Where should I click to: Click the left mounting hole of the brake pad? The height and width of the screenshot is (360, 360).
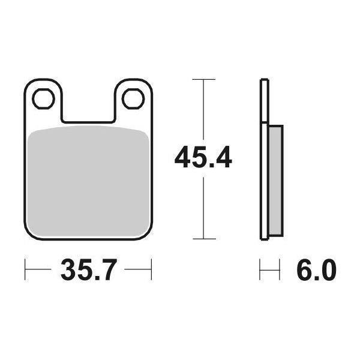pos(43,99)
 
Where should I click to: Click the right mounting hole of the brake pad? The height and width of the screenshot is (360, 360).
pos(131,99)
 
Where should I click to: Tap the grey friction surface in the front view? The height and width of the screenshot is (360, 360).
pos(88,180)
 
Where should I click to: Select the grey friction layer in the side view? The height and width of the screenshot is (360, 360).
pos(275,180)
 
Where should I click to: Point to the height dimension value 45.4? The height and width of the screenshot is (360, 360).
pos(203,158)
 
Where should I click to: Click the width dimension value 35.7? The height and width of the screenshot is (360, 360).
pos(88,271)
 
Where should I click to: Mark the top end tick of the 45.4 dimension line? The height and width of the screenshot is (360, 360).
pos(205,79)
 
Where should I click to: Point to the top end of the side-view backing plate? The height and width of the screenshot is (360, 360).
pos(263,80)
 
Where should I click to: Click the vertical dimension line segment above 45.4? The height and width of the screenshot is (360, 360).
pos(205,111)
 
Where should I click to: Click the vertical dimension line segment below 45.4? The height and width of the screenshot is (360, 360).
pos(205,207)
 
